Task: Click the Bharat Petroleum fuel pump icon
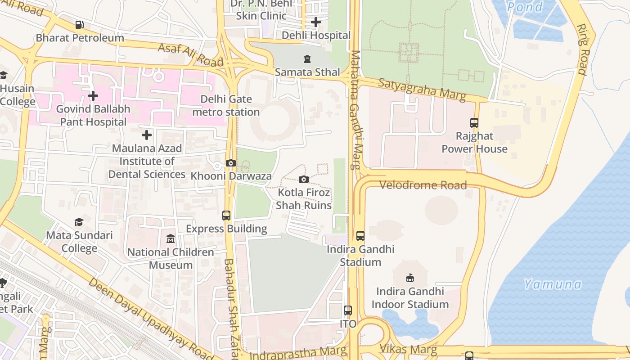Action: (79, 24)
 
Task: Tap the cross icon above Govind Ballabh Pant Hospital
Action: (93, 96)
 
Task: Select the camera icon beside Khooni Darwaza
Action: (230, 163)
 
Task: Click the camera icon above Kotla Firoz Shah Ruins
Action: (304, 180)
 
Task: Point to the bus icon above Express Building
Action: (226, 216)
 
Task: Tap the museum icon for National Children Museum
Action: (171, 239)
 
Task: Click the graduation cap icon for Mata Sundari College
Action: (79, 222)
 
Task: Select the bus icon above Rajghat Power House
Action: (474, 122)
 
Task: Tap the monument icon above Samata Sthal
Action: (307, 59)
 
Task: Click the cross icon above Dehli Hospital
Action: (316, 22)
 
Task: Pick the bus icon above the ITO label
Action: (348, 310)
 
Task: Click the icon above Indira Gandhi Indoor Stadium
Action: (410, 278)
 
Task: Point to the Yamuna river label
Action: (553, 284)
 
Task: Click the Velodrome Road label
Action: (423, 185)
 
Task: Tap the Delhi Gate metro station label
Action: (226, 105)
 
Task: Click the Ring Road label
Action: (583, 49)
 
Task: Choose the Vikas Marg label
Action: (408, 349)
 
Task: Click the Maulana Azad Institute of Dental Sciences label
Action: (147, 161)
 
